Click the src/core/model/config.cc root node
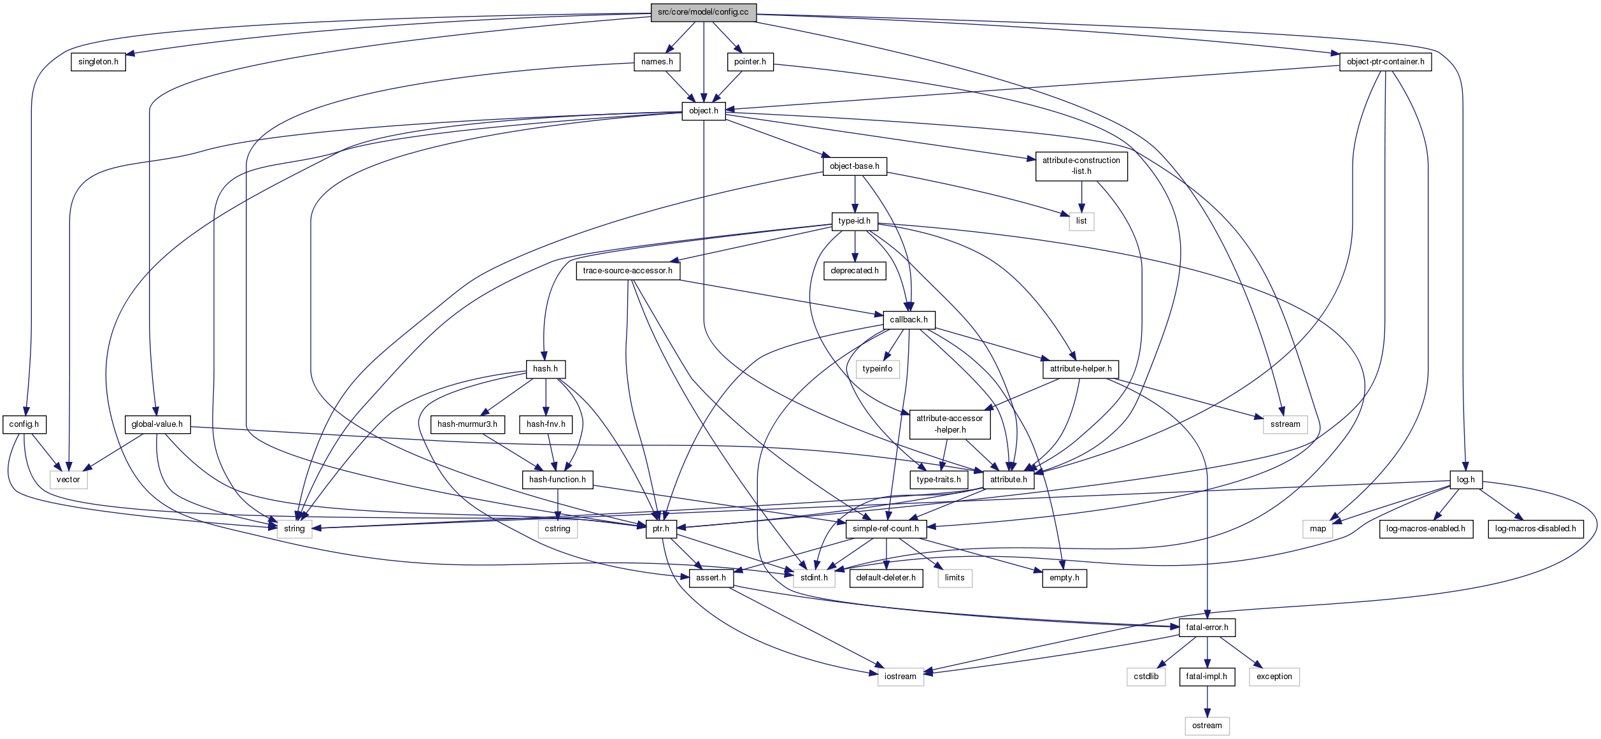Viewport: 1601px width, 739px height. pyautogui.click(x=703, y=12)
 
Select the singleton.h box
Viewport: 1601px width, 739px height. pyautogui.click(x=98, y=62)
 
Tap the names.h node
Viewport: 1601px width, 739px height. pyautogui.click(x=657, y=62)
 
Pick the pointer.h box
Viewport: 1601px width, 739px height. pyautogui.click(x=750, y=62)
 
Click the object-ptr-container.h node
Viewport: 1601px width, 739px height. pyautogui.click(x=1385, y=62)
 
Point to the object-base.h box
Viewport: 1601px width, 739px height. pyautogui.click(x=854, y=166)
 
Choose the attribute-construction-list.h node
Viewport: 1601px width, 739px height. pyautogui.click(x=1081, y=166)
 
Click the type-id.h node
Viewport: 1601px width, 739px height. pyautogui.click(x=854, y=221)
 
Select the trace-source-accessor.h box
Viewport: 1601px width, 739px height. pyautogui.click(x=627, y=271)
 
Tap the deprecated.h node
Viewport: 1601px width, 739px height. pyautogui.click(x=854, y=271)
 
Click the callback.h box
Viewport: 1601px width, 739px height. pyautogui.click(x=908, y=320)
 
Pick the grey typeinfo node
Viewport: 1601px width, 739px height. pyautogui.click(x=877, y=369)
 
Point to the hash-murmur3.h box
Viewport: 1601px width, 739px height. pyautogui.click(x=467, y=424)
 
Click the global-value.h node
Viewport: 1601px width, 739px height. pyautogui.click(x=157, y=424)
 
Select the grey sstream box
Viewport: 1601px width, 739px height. pyautogui.click(x=1285, y=424)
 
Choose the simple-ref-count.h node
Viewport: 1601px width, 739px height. pyautogui.click(x=885, y=529)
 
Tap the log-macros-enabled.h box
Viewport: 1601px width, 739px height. pyautogui.click(x=1425, y=529)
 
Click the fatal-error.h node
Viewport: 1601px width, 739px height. pyautogui.click(x=1207, y=628)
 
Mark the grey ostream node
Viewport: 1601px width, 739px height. pyautogui.click(x=1207, y=726)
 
